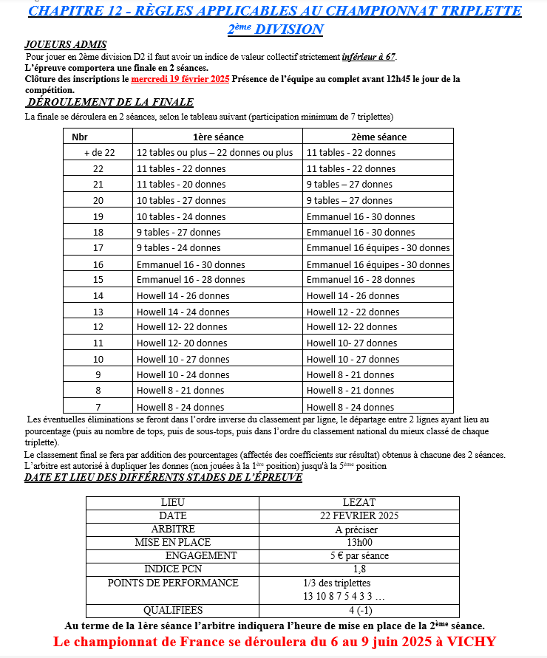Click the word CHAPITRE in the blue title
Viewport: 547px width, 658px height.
click(64, 11)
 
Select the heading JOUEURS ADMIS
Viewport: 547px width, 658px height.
click(65, 45)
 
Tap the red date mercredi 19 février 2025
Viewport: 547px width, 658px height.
click(180, 79)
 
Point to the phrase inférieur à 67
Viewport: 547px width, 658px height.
click(368, 57)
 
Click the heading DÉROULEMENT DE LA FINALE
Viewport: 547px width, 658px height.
click(109, 103)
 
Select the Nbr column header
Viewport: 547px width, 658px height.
click(79, 137)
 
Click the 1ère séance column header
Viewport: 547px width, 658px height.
click(218, 137)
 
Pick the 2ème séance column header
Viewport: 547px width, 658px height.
click(378, 137)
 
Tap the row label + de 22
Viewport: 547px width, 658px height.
click(99, 153)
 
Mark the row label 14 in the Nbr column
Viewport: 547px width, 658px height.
click(98, 295)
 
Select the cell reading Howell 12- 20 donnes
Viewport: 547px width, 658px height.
click(182, 343)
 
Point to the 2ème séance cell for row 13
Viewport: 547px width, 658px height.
click(353, 312)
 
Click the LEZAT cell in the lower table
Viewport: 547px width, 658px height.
click(359, 502)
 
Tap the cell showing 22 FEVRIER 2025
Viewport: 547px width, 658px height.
click(359, 515)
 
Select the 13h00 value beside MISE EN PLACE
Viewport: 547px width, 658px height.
click(359, 542)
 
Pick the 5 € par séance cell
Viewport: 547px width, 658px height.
click(359, 555)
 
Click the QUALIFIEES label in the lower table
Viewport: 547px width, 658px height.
click(173, 610)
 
